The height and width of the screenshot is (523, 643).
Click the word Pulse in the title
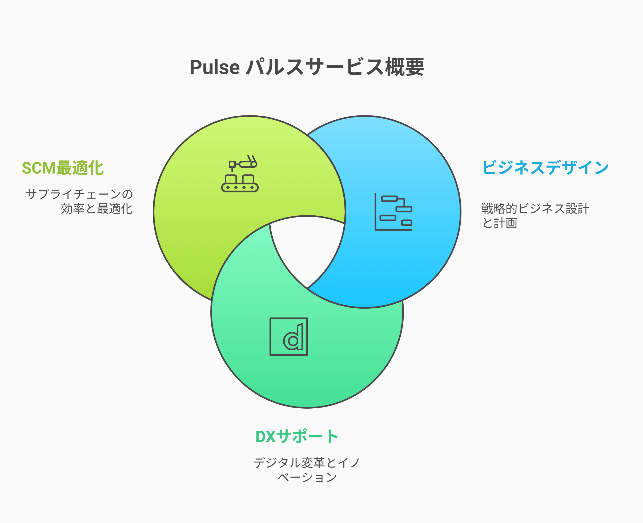[215, 67]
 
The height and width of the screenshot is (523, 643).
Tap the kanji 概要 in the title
[404, 67]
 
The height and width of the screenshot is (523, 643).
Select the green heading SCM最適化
[63, 168]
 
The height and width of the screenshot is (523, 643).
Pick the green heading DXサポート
[297, 437]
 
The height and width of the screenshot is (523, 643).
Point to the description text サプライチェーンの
[79, 194]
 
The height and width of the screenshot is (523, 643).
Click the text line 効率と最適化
[97, 208]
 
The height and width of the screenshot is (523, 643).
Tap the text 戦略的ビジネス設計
[535, 208]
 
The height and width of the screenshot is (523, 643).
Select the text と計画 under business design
[500, 223]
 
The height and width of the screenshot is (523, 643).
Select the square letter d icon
[288, 336]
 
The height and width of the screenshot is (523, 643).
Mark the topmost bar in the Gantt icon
[389, 199]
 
